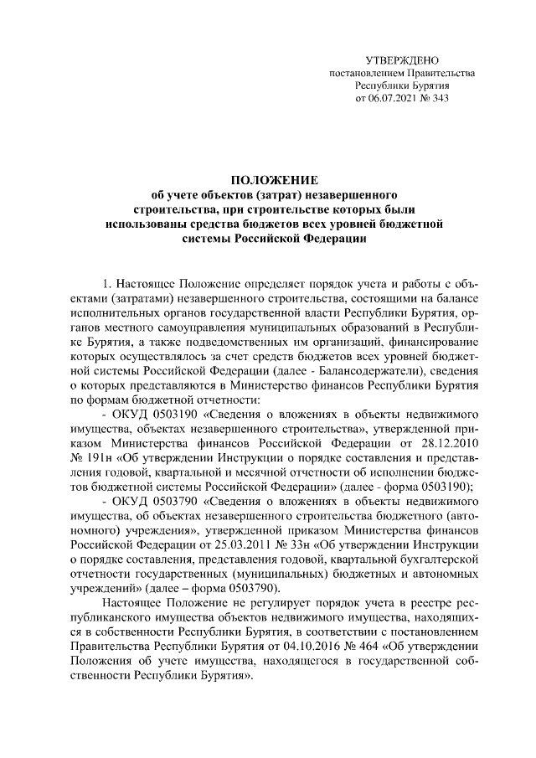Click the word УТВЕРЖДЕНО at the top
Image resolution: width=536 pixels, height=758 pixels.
403,60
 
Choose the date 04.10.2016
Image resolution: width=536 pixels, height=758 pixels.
310,653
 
